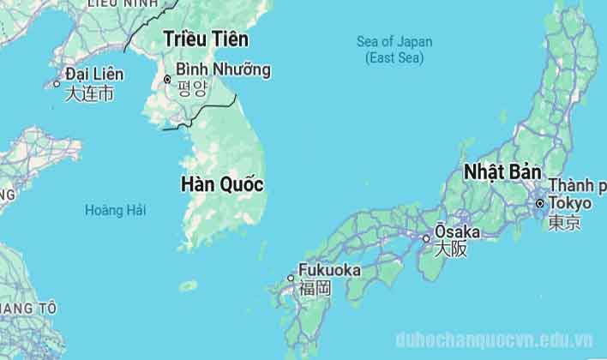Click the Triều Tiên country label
pos(206,39)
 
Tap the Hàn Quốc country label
pos(221,184)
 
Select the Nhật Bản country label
pos(493,171)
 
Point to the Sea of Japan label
pos(394,42)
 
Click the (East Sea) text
pos(394,57)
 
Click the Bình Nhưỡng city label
pos(223,69)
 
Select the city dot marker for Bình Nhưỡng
pos(167,80)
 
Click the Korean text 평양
pos(192,87)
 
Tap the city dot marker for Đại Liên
pos(57,84)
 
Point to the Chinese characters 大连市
pos(89,93)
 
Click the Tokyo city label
pos(570,203)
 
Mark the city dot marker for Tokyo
pos(539,204)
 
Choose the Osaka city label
pos(457,232)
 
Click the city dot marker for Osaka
pos(425,237)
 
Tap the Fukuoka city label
pos(329,271)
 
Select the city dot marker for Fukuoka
pos(291,278)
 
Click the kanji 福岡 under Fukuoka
pos(315,288)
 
